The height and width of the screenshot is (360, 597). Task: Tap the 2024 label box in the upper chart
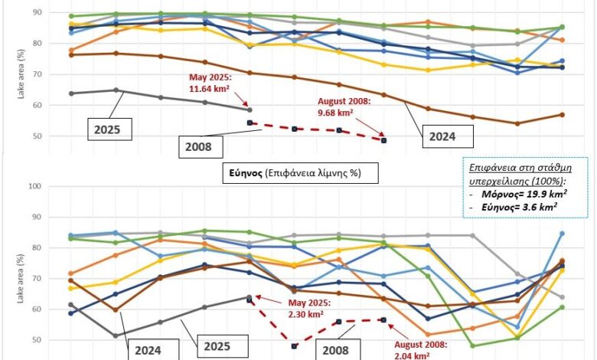(x=448, y=136)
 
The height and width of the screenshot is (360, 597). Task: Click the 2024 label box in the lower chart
(x=150, y=350)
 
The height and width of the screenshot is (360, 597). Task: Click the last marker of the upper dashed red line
(x=384, y=141)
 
